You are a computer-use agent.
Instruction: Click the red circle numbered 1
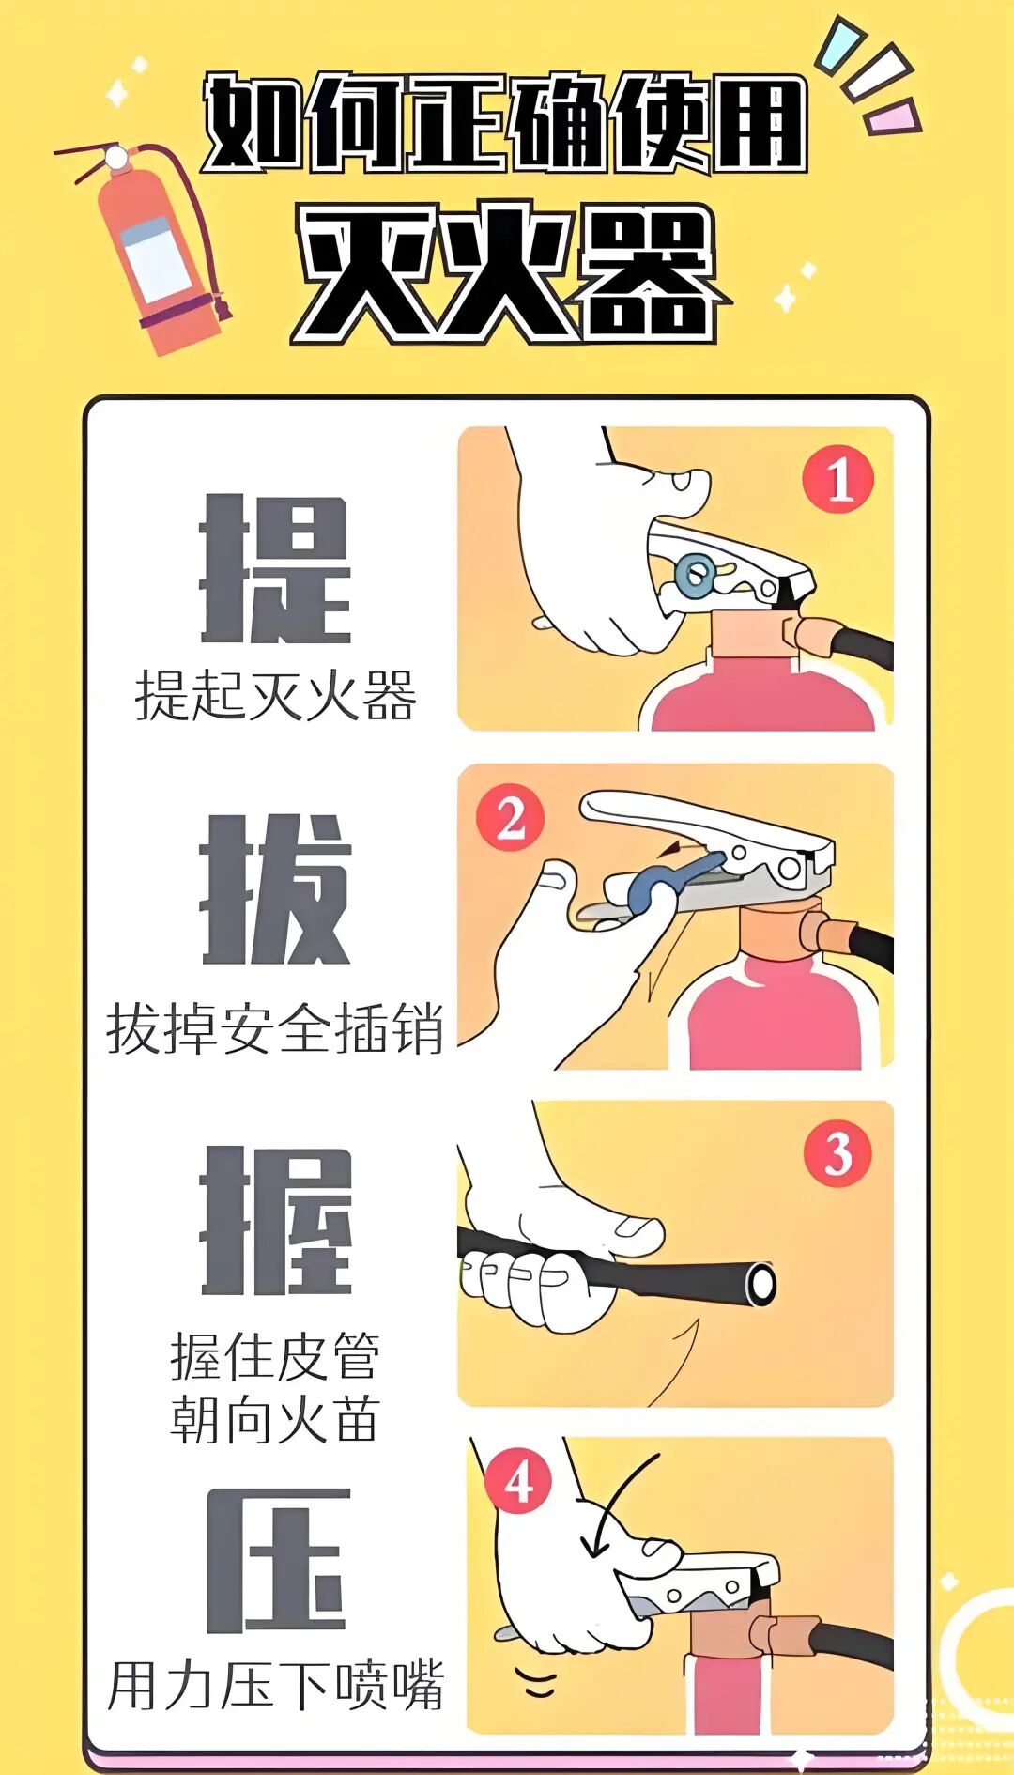pos(837,480)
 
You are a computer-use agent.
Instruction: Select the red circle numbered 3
pos(837,1153)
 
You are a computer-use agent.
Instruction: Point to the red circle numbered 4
pos(517,1481)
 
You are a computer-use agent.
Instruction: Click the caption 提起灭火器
pos(275,696)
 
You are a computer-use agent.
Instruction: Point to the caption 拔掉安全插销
pos(275,1028)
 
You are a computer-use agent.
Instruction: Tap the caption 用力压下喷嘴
pos(275,1686)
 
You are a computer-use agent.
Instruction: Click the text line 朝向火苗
pos(275,1419)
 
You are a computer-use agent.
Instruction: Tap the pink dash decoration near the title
pos(892,117)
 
